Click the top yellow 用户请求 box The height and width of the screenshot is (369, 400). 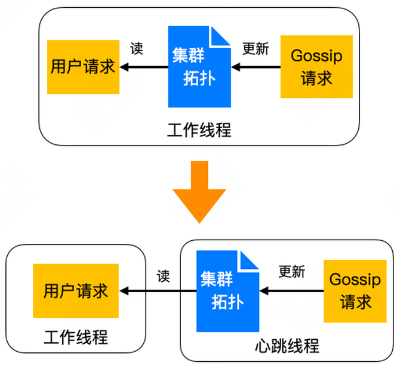83,67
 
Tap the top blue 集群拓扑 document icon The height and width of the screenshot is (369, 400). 199,67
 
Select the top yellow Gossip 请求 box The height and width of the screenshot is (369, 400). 316,67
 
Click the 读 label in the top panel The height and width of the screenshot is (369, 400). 137,49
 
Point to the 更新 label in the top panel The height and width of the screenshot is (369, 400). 256,49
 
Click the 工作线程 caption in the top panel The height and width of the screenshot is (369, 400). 199,130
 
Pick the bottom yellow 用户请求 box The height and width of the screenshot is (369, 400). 76,291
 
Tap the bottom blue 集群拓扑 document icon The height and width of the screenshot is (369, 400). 227,291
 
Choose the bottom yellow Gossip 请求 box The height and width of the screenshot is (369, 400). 355,291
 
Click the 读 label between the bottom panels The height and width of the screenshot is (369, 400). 164,276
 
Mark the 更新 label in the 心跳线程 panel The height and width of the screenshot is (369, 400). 292,272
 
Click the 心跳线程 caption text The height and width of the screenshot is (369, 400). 287,346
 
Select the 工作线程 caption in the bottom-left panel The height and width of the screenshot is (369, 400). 76,337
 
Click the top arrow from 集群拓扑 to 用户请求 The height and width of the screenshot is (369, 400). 144,67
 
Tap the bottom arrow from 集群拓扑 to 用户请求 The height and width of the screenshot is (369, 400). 158,292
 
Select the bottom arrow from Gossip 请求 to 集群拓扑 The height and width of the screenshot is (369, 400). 292,292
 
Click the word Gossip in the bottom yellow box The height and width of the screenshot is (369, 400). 355,279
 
